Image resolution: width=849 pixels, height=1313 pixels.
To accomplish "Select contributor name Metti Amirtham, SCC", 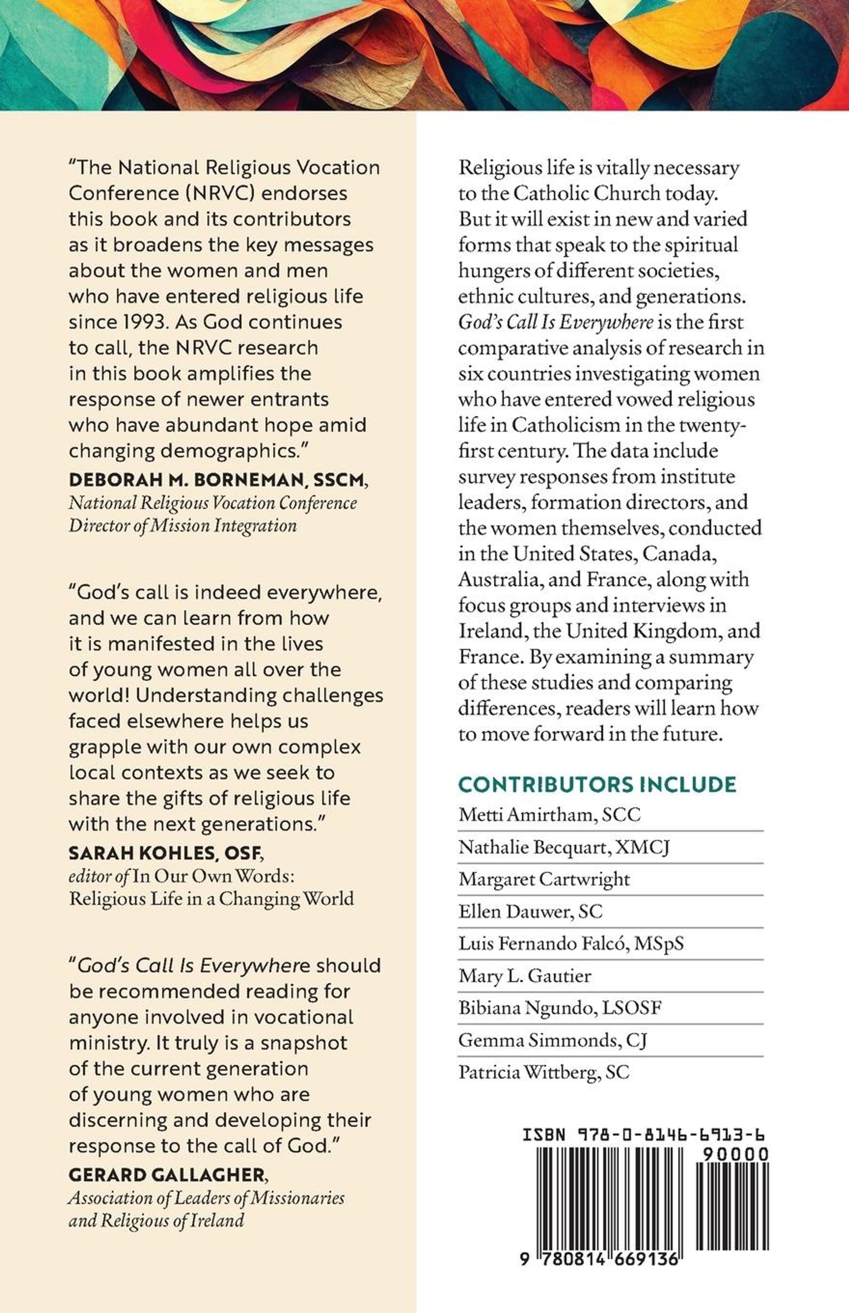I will point(549,815).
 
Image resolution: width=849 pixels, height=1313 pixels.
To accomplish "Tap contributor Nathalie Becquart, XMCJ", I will point(564,847).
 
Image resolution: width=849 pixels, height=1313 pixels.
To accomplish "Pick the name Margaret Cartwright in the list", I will point(544,879).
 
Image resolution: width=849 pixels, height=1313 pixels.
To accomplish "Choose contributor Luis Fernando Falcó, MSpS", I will point(571,943).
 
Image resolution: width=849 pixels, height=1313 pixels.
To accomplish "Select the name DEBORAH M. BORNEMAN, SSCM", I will point(216,480).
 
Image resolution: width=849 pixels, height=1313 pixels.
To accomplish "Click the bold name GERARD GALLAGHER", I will point(167,1175).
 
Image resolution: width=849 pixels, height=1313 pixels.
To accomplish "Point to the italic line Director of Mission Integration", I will point(183,525).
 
